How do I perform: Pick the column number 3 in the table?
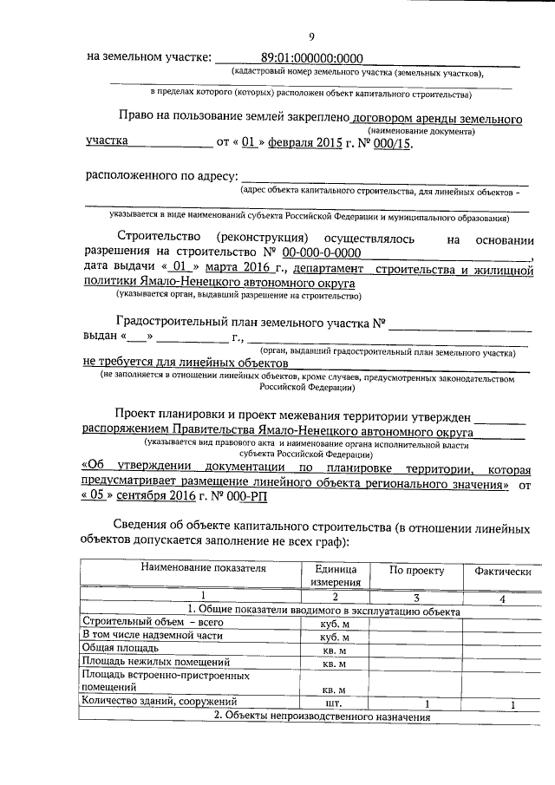[416, 597]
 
